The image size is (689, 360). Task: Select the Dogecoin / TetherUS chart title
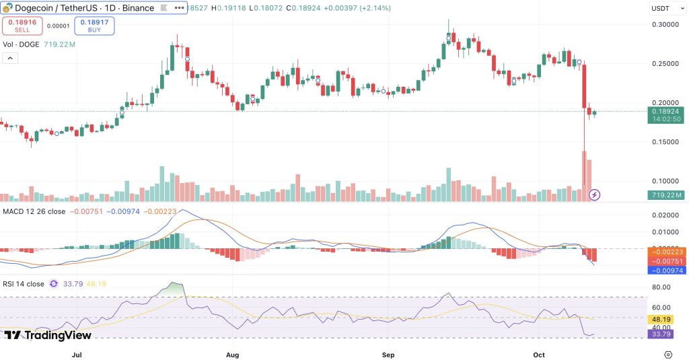click(78, 8)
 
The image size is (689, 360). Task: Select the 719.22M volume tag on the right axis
click(666, 195)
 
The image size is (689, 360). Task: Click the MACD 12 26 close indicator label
click(33, 211)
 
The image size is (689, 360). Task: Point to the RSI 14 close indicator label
click(24, 284)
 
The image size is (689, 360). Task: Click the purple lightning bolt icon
click(595, 195)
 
